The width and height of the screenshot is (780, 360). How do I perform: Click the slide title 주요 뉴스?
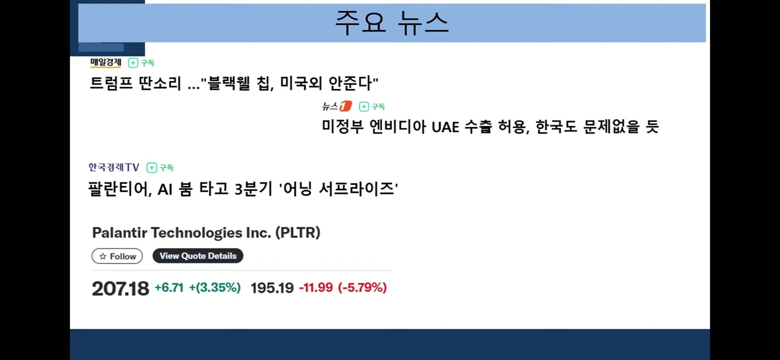pos(392,23)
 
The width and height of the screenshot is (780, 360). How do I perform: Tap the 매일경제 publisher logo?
pos(106,62)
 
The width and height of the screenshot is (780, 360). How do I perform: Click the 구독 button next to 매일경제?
pos(141,63)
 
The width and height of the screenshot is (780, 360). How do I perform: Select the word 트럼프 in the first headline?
pos(111,83)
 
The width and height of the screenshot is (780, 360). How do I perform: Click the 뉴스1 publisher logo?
pos(337,106)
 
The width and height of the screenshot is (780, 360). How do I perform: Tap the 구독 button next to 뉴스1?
pos(372,106)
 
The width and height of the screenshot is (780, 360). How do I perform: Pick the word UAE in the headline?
pos(445,127)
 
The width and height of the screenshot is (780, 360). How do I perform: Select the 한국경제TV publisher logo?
pos(114,167)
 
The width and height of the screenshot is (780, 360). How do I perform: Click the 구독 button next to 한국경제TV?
pos(160,167)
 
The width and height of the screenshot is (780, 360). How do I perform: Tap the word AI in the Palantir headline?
pos(165,189)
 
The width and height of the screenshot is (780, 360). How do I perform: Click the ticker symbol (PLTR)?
pos(298,233)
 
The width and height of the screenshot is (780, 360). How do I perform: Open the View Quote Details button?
pos(198,256)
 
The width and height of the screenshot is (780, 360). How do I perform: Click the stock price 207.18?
pos(121,288)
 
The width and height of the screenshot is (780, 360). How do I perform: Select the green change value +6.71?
pos(169,288)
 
